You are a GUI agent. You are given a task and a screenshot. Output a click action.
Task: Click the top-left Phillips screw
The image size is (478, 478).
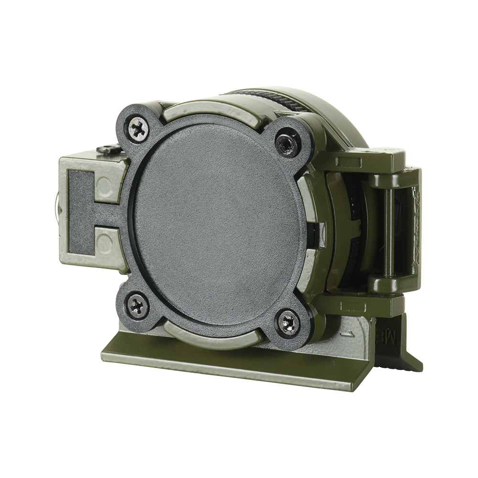click(x=138, y=129)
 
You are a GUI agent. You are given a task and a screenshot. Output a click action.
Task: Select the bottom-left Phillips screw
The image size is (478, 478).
click(x=138, y=305)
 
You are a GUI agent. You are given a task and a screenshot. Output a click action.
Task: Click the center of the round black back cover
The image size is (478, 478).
click(x=217, y=225)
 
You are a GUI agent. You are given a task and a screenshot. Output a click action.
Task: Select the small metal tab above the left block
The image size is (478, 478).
click(x=108, y=149)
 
